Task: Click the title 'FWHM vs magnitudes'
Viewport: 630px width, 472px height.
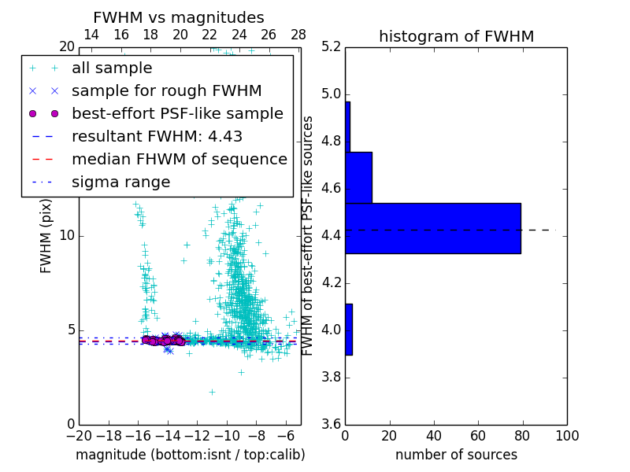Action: click(178, 17)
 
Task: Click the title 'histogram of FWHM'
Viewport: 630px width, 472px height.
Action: click(456, 36)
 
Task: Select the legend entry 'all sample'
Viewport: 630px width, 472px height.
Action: click(112, 68)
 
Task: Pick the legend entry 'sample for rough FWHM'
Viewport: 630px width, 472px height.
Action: click(166, 90)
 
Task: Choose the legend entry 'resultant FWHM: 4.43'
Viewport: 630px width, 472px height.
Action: click(157, 136)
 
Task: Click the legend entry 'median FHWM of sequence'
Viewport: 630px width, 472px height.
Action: click(179, 159)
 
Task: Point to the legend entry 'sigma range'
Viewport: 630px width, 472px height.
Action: click(120, 182)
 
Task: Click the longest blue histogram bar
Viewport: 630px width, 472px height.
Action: click(432, 228)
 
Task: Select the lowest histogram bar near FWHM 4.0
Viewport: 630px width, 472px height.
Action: click(348, 329)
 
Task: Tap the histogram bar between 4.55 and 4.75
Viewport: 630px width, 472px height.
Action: click(358, 177)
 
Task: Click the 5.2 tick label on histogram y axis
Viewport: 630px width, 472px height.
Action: click(331, 47)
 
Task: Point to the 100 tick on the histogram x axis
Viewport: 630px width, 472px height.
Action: click(566, 436)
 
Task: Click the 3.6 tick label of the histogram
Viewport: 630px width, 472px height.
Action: click(331, 424)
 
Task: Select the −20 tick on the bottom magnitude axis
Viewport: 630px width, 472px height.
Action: click(79, 436)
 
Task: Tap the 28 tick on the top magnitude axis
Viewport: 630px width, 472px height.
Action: click(298, 35)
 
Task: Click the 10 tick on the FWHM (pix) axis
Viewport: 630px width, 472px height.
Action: click(68, 236)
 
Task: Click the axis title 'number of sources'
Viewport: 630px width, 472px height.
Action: click(456, 455)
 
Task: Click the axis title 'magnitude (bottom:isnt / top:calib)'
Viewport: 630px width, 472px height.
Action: click(190, 455)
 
